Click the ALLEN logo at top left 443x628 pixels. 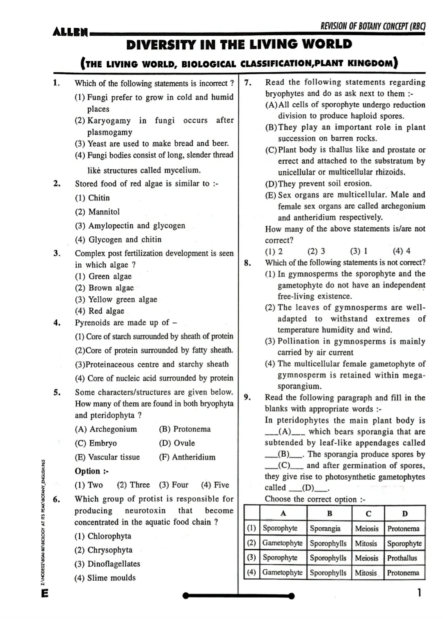70,32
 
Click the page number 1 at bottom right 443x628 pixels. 419,593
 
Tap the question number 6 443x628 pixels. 57,499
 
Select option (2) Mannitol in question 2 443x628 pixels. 97,212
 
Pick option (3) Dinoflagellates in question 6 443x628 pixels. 107,564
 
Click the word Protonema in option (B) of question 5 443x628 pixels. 192,429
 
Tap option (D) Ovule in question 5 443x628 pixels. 177,443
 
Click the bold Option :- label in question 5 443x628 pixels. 91,471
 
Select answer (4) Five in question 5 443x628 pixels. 215,485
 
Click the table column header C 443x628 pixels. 368,513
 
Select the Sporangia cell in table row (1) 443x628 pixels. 325,529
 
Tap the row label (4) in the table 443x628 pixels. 251,572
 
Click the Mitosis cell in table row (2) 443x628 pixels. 366,543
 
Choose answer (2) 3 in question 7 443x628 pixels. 316,251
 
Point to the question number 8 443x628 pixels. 248,263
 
